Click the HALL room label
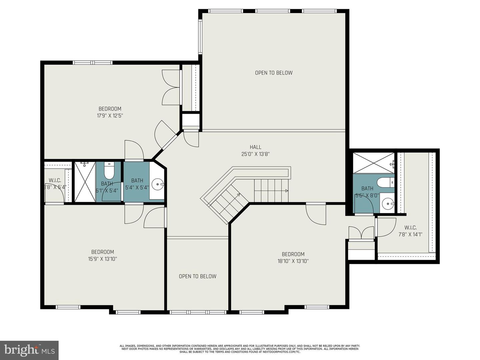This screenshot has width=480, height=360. click(x=255, y=147)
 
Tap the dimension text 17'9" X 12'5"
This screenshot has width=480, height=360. click(x=110, y=116)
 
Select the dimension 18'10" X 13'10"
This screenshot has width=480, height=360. click(x=293, y=261)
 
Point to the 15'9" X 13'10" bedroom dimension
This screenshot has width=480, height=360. click(x=103, y=259)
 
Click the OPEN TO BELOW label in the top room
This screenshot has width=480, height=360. click(x=274, y=73)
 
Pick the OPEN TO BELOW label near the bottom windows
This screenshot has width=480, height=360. click(x=197, y=276)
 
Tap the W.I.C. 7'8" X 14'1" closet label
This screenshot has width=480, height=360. click(x=410, y=231)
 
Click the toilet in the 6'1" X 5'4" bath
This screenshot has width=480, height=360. click(x=109, y=171)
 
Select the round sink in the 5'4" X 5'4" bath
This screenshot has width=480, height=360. click(x=157, y=184)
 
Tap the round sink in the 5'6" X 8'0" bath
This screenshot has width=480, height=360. click(x=387, y=203)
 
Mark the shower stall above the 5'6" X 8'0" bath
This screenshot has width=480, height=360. click(x=373, y=163)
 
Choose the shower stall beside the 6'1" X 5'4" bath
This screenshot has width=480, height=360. click(x=85, y=182)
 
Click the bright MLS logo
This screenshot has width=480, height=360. click(x=29, y=350)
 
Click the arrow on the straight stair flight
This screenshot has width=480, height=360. click(x=287, y=191)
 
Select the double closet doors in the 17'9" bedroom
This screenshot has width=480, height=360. click(x=171, y=88)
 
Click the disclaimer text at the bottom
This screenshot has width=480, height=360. click(x=240, y=349)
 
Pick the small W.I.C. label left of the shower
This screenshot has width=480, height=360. click(x=55, y=180)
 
